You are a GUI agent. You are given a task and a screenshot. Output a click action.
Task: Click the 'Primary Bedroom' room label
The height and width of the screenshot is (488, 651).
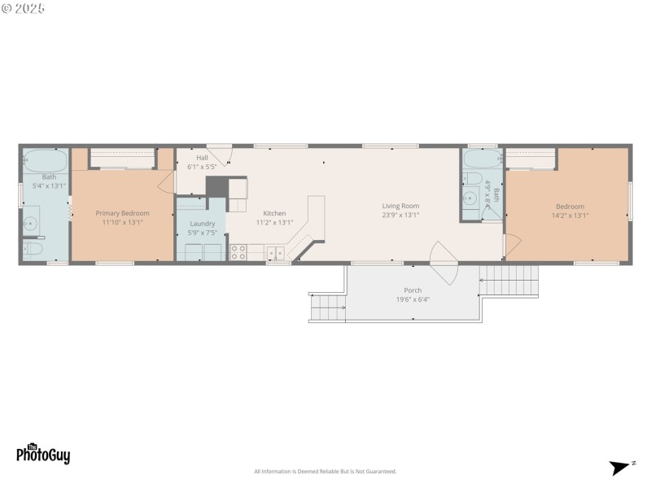(122, 213)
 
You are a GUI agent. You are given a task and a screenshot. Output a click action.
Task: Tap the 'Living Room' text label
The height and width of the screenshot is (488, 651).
(400, 206)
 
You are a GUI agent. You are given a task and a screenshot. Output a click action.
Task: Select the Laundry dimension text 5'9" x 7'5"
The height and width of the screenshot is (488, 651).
(202, 233)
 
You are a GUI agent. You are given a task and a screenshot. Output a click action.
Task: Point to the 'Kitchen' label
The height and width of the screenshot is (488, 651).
(274, 213)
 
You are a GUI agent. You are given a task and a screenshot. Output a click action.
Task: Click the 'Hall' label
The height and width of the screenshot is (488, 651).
(202, 157)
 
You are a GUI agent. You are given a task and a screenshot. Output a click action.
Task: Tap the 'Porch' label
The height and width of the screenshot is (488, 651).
(413, 290)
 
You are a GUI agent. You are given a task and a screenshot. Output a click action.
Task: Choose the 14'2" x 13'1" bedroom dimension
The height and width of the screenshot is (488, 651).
(570, 216)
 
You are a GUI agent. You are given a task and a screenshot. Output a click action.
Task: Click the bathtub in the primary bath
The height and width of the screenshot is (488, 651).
(45, 159)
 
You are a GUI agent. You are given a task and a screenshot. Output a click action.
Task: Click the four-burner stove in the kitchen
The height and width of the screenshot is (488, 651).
(238, 253)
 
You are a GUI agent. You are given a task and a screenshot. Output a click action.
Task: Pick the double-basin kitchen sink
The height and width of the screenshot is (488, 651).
(275, 253)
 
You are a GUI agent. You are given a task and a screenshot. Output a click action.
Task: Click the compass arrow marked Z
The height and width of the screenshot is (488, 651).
(621, 467)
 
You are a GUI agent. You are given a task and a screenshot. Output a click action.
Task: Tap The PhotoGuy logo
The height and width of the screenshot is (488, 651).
(43, 454)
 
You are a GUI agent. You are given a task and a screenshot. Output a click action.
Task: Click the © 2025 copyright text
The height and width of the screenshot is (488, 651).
(24, 8)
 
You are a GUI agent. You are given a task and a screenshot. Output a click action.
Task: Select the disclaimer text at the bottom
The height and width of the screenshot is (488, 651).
(325, 472)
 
